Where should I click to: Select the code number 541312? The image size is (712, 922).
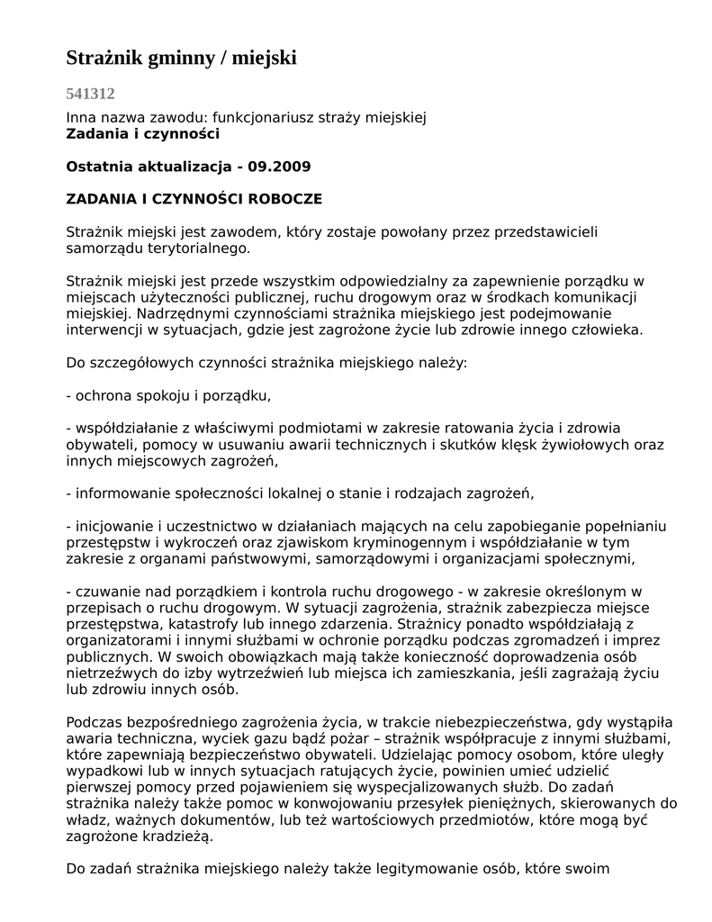click(90, 93)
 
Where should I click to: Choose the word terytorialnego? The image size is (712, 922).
click(200, 248)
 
